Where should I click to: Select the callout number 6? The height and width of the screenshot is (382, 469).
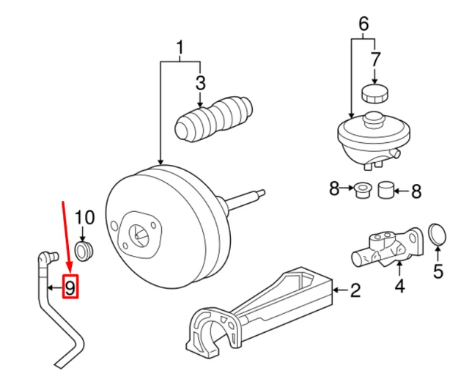tap(363, 23)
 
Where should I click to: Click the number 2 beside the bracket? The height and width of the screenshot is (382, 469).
tap(355, 292)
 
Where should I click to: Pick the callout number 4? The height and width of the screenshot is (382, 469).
tap(400, 286)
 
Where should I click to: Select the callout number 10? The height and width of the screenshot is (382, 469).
tap(85, 217)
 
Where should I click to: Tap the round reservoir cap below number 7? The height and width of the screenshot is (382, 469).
tap(374, 94)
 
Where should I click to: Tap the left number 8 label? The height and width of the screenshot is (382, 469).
tap(334, 190)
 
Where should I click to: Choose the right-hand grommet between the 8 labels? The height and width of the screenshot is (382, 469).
tap(385, 190)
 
